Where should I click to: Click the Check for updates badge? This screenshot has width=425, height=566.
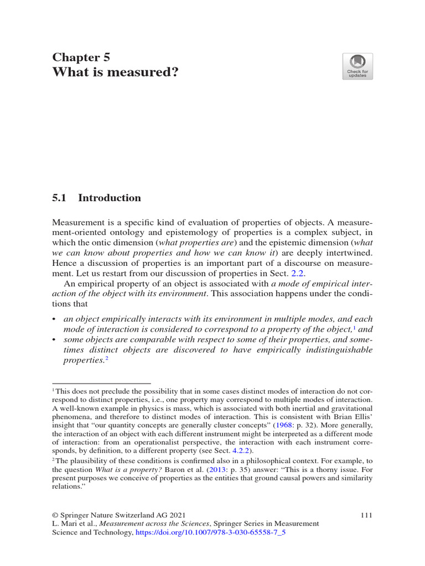click(x=357, y=66)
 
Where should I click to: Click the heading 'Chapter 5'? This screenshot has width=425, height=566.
click(x=81, y=57)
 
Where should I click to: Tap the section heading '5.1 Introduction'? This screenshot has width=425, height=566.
click(x=96, y=198)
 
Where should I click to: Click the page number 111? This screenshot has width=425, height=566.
click(x=366, y=515)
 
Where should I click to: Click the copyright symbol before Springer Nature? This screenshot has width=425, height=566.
click(x=55, y=515)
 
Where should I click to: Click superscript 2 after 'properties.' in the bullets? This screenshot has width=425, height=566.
click(x=106, y=359)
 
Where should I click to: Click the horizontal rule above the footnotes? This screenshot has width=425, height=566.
click(x=101, y=382)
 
